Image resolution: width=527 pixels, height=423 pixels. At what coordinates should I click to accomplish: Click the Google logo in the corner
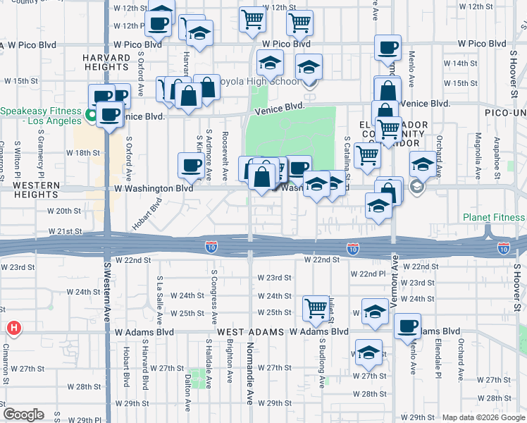(x=23, y=415)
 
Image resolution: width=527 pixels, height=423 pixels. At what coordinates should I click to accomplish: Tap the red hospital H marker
(x=13, y=329)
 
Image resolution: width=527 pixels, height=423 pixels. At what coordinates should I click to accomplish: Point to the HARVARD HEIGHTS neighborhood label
(x=108, y=62)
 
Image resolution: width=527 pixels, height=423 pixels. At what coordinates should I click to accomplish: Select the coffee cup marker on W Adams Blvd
(x=407, y=326)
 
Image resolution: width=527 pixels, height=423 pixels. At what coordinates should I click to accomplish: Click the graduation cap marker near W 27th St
(x=368, y=352)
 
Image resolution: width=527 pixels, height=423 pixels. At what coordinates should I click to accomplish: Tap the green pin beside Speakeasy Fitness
(x=91, y=114)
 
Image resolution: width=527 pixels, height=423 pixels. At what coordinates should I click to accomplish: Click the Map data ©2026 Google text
(x=484, y=417)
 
